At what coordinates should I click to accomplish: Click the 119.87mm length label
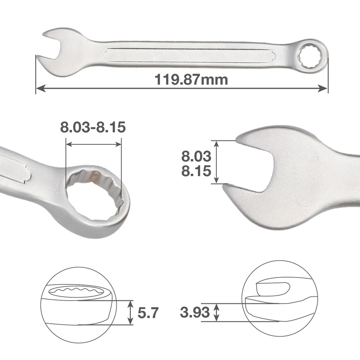click(191, 80)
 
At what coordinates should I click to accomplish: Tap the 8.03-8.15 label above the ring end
click(93, 127)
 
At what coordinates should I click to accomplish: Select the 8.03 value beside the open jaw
click(196, 156)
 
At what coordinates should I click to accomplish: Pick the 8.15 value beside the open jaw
click(196, 171)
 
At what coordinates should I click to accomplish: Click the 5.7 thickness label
click(148, 312)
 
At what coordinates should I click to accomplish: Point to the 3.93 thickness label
click(195, 312)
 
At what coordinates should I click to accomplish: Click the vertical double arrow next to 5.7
click(130, 312)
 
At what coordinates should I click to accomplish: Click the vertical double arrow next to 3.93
click(217, 312)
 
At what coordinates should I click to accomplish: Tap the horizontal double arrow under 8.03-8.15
click(94, 144)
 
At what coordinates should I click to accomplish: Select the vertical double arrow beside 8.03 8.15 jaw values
click(216, 162)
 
